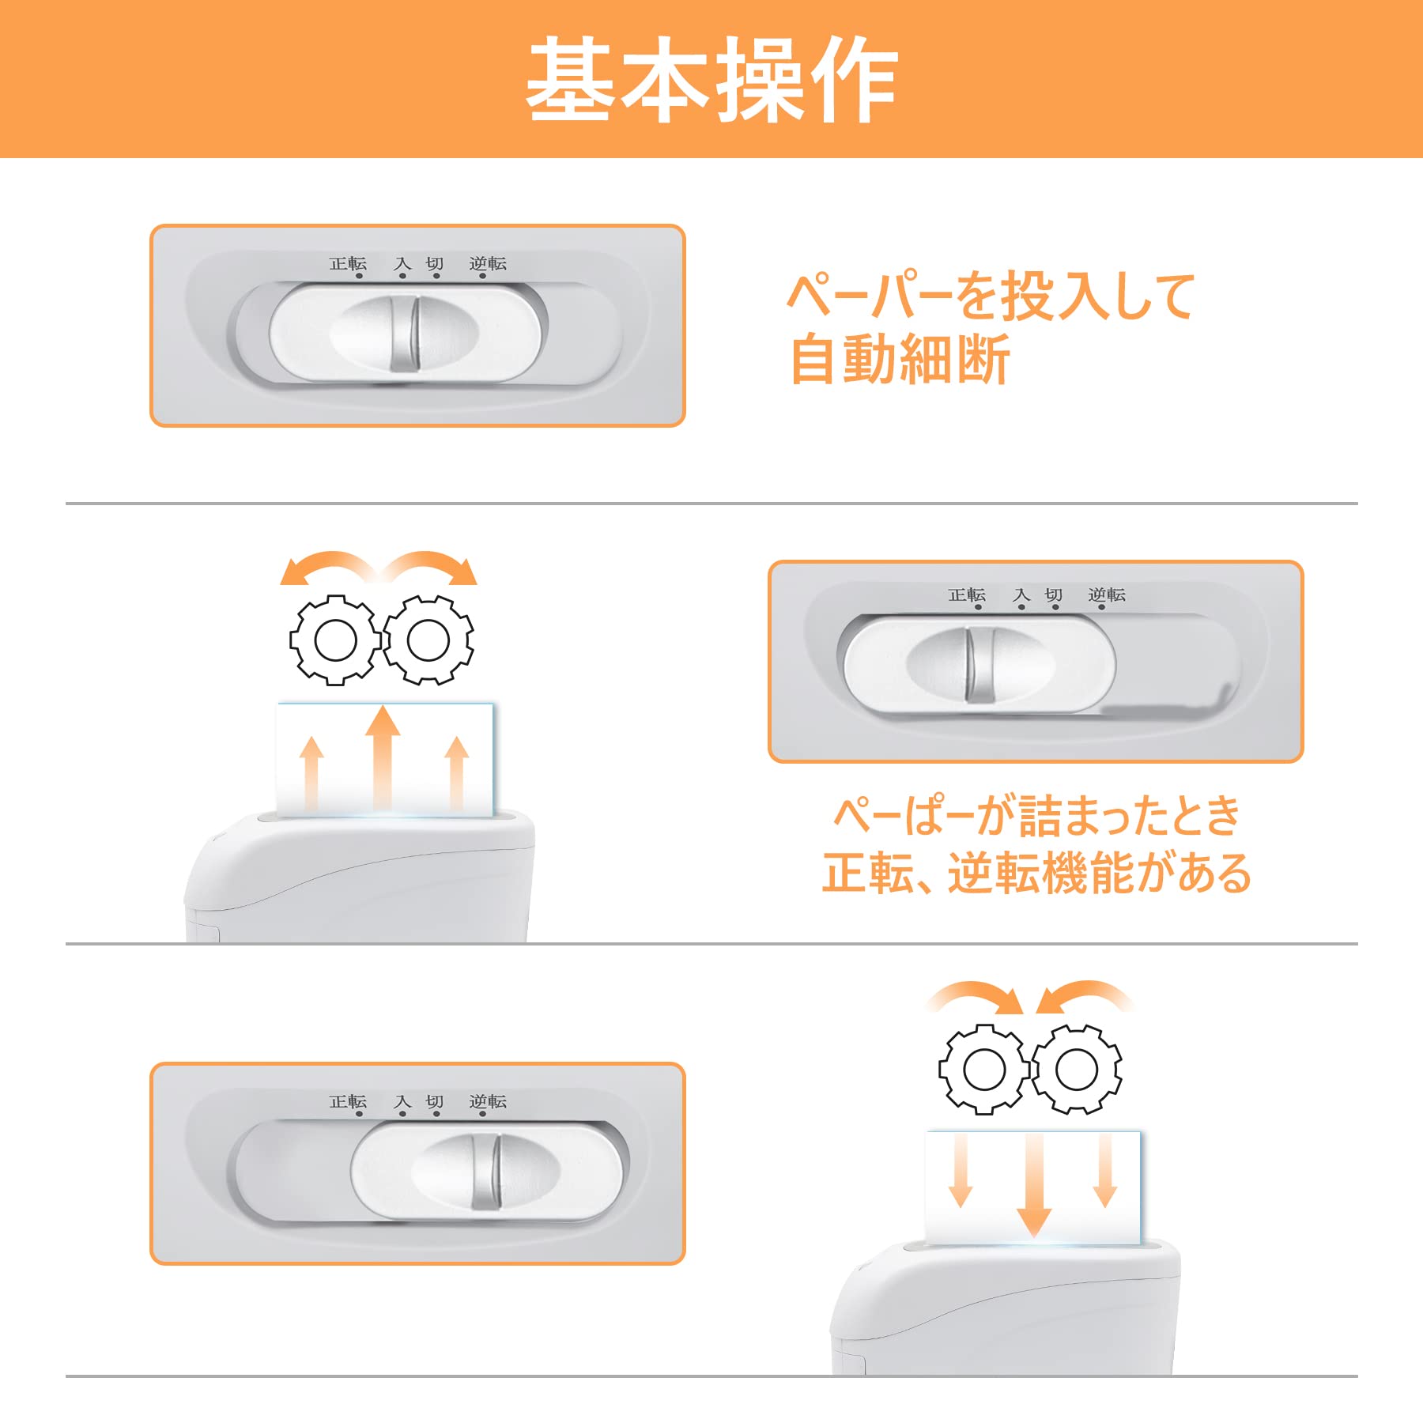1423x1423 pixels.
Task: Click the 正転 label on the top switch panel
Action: (x=348, y=263)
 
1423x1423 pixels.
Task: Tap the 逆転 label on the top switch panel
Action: (x=487, y=263)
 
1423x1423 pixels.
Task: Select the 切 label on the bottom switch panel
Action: (x=434, y=1101)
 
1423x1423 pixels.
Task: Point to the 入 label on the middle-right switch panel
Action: (x=1021, y=594)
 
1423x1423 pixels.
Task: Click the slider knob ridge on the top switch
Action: (x=404, y=333)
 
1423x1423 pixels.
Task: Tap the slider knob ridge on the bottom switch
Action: (x=486, y=1171)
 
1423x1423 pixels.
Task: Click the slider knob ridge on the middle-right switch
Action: (x=979, y=664)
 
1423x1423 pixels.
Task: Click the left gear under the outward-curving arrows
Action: (x=335, y=640)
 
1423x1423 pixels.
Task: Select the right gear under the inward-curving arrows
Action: (x=1076, y=1069)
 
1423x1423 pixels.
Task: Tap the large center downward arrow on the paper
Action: (x=1033, y=1186)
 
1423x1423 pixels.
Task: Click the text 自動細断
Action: (x=900, y=360)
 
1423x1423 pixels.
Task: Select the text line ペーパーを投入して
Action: (x=991, y=296)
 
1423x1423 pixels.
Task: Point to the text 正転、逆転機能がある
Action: (x=1036, y=874)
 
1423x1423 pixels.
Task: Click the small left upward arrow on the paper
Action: (x=311, y=771)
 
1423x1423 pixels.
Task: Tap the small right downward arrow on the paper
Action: (x=1105, y=1170)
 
